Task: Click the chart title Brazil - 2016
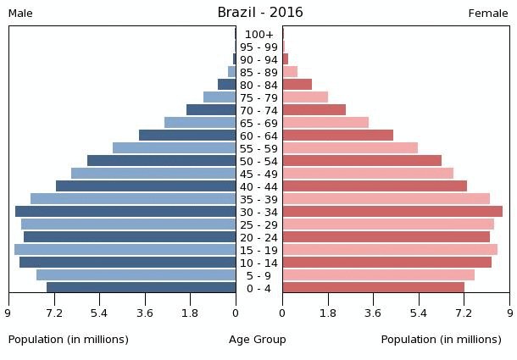click(x=259, y=13)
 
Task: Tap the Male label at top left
click(x=20, y=14)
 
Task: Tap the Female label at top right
click(x=488, y=14)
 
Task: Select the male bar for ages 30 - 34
click(x=125, y=212)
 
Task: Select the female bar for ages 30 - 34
click(x=392, y=212)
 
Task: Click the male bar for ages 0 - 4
click(x=142, y=288)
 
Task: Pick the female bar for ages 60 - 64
click(x=338, y=136)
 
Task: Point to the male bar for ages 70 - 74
click(x=211, y=110)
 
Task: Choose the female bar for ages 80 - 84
click(x=297, y=85)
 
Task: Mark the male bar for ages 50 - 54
click(x=162, y=161)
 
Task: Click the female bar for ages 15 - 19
click(x=390, y=250)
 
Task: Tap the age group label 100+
click(x=259, y=35)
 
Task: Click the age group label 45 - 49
click(x=259, y=174)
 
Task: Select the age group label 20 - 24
click(x=259, y=238)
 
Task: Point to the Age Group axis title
click(x=258, y=340)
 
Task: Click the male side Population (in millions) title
click(x=69, y=340)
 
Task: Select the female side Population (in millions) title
click(x=441, y=340)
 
